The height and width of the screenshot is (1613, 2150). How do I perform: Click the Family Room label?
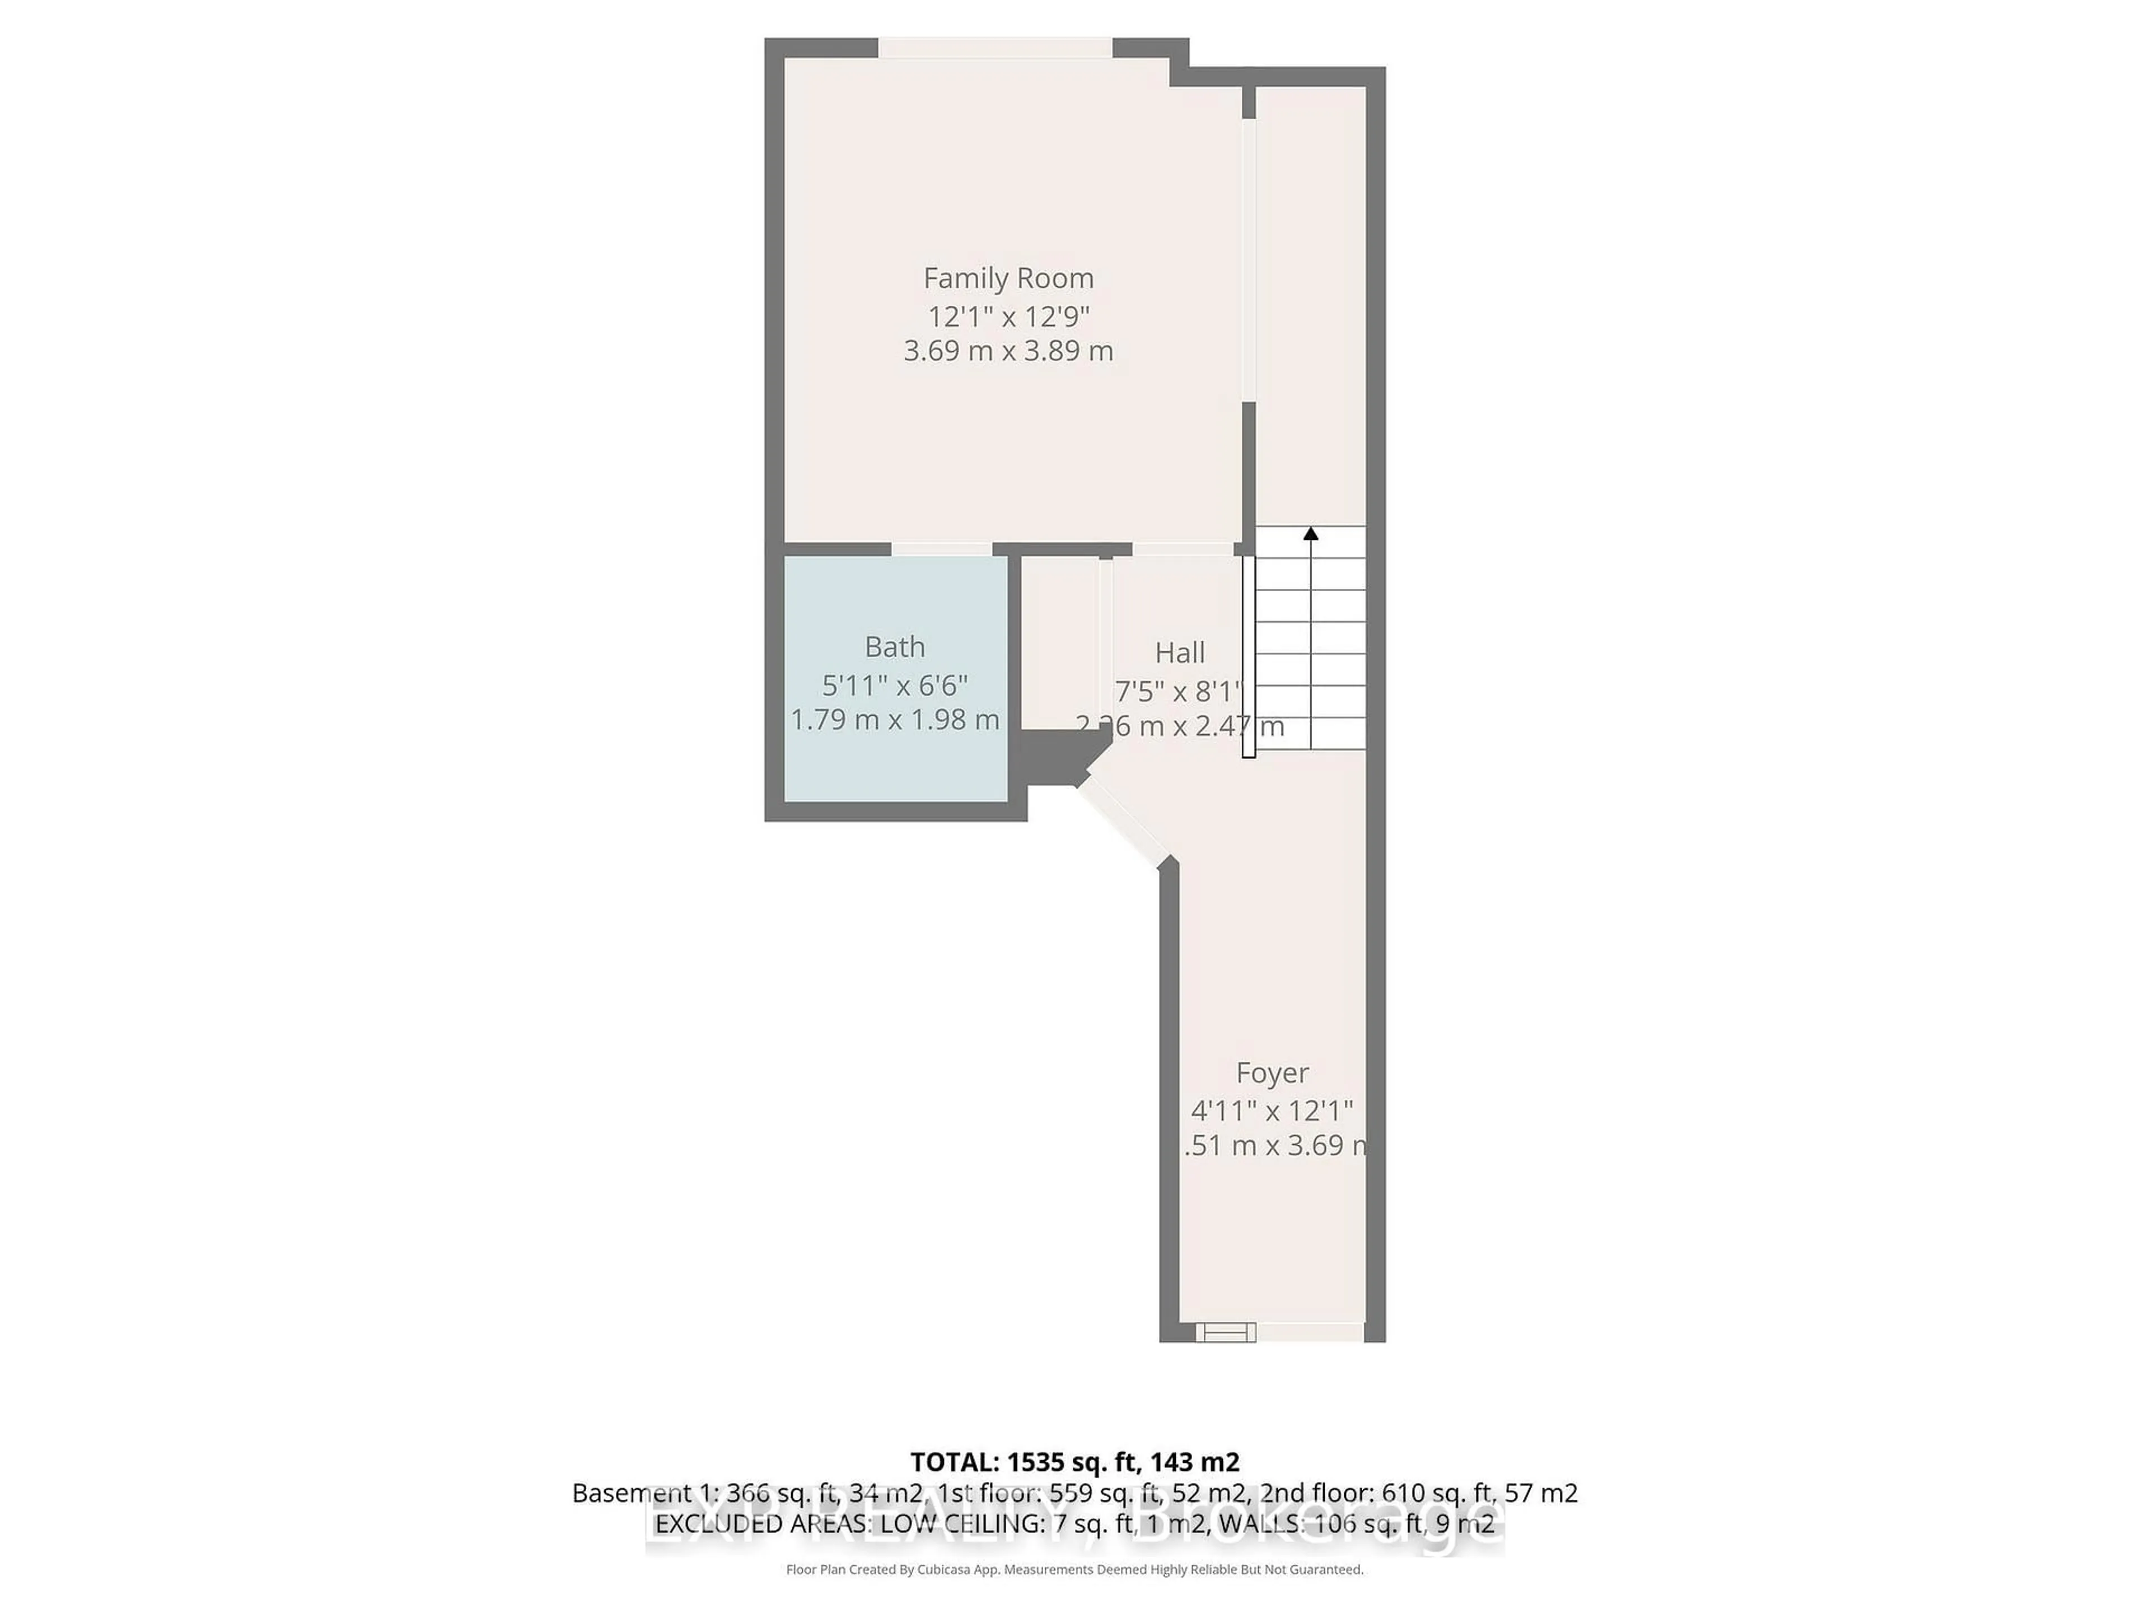pos(1008,279)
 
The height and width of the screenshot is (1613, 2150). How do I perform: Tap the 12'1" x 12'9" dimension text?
pos(1008,317)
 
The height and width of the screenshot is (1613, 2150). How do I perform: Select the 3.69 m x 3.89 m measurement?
pos(1008,351)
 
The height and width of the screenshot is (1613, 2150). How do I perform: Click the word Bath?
pos(894,646)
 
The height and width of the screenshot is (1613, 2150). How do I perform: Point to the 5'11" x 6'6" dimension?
pos(894,686)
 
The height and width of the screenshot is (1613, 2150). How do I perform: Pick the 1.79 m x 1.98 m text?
pos(894,720)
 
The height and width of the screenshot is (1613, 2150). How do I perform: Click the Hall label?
pos(1179,652)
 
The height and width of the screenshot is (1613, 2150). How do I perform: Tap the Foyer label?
pos(1272,1073)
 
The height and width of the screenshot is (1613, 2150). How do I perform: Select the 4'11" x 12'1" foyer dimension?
pos(1272,1110)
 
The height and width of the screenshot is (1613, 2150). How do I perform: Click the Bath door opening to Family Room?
pos(941,549)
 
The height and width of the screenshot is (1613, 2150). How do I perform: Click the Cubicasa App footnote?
pos(1074,1569)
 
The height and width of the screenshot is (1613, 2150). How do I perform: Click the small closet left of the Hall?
pos(1059,642)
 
